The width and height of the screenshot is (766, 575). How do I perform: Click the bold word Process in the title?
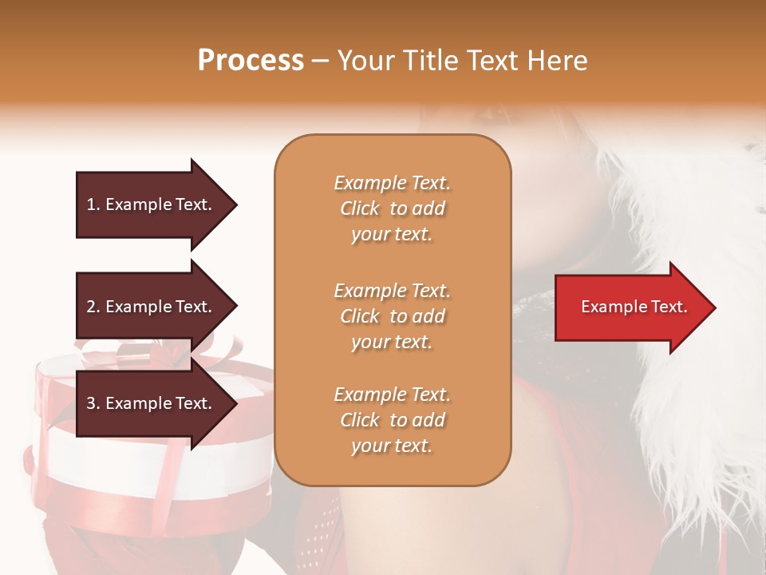coord(251,61)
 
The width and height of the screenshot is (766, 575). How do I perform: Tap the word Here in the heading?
coord(555,61)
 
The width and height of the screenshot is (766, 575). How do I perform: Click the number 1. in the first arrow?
coord(93,204)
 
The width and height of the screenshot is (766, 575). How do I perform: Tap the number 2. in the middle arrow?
coord(93,307)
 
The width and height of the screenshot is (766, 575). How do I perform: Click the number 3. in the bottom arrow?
coord(93,403)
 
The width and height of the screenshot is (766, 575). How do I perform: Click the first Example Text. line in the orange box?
coord(392,183)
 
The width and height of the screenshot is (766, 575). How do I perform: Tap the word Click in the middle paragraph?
coord(360,316)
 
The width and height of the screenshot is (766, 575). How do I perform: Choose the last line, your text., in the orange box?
coord(392,446)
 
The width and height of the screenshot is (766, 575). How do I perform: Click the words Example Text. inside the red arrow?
coord(634,307)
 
